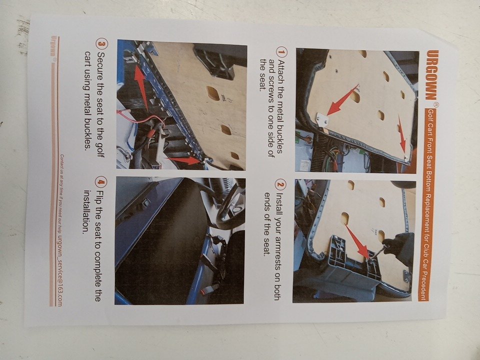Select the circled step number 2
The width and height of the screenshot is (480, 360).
[280, 184]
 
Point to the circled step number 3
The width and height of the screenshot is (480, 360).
[102, 43]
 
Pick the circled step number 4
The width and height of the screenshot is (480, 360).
[101, 183]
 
